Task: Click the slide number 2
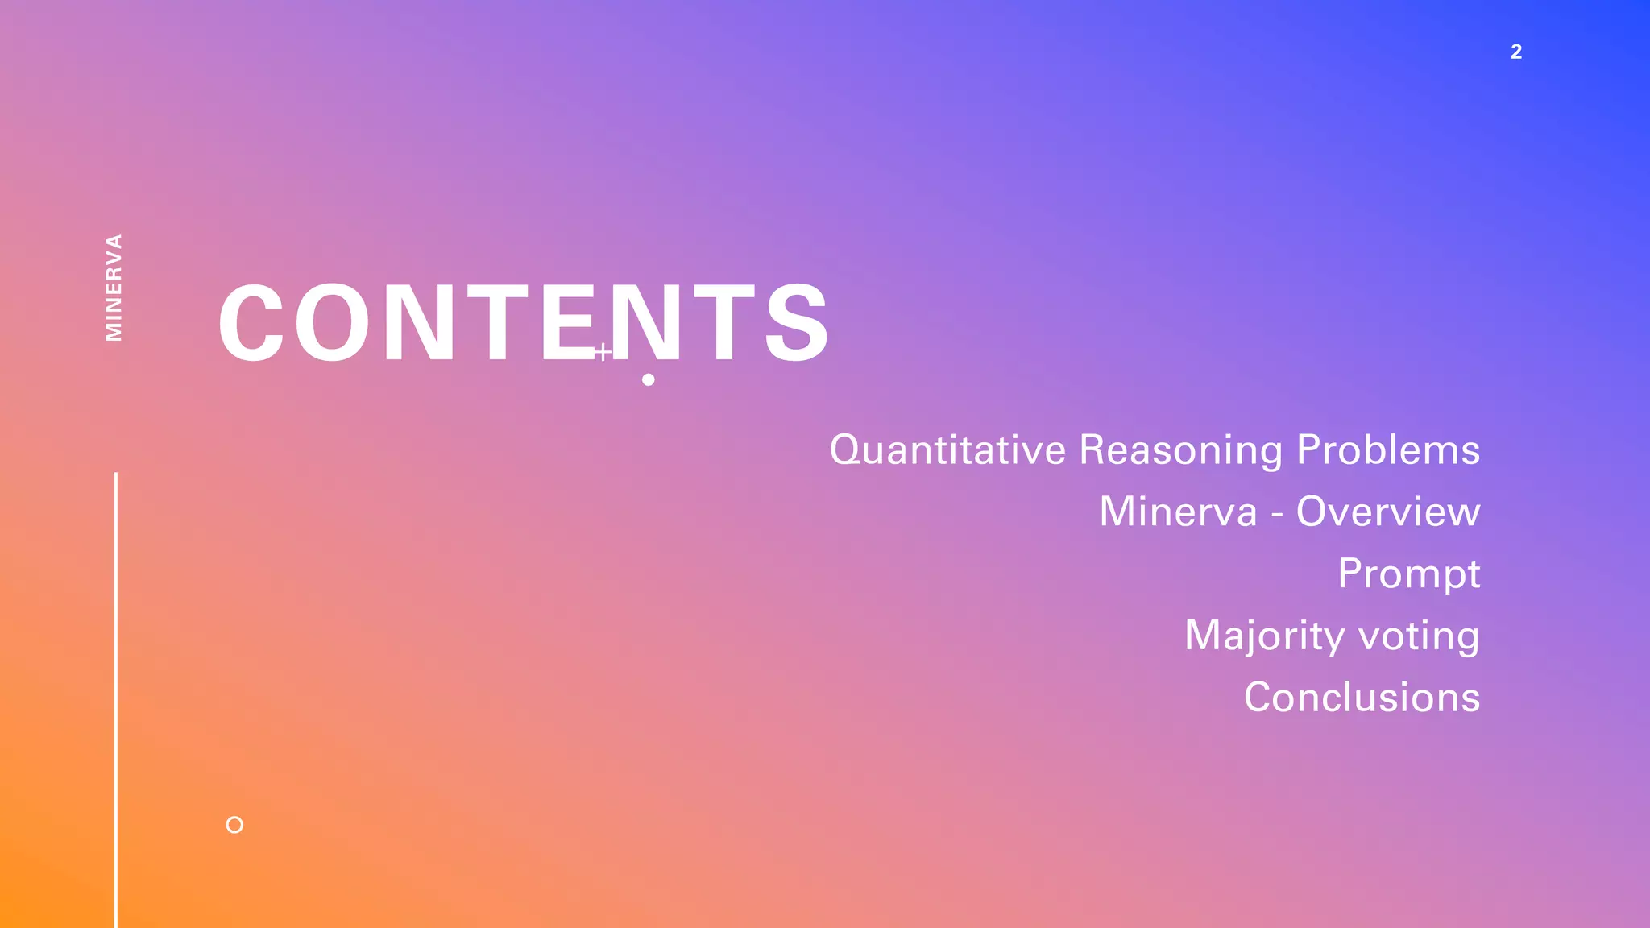(x=1515, y=52)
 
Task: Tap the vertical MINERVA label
(x=114, y=288)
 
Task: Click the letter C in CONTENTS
(x=251, y=323)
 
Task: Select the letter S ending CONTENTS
(x=796, y=323)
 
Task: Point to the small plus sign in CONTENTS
(x=603, y=352)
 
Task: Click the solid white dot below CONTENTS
(x=649, y=379)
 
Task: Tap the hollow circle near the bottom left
(x=234, y=825)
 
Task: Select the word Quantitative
(x=948, y=449)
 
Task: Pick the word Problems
(x=1388, y=449)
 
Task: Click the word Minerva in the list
(x=1178, y=512)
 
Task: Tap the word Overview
(x=1388, y=512)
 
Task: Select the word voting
(x=1420, y=636)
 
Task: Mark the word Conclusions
(x=1362, y=697)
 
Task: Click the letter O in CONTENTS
(x=331, y=323)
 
